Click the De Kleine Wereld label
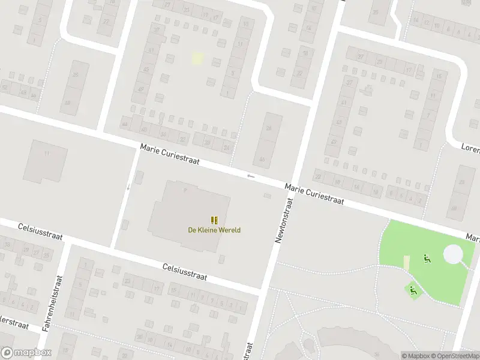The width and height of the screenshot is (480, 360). coord(214,230)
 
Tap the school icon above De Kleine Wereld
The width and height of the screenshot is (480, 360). coord(214,220)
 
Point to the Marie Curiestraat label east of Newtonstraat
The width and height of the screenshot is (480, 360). coord(314,194)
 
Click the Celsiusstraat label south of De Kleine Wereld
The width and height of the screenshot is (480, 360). coord(184,272)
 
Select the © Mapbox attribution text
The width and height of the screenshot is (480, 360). coord(416,356)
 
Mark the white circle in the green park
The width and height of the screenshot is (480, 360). coord(453,254)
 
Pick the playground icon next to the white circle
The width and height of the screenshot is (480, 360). coord(427,259)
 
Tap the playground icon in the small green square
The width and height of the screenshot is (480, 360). coord(413,290)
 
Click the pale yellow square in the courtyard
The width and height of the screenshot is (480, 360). coord(197,58)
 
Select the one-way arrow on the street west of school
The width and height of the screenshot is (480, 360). coord(128,187)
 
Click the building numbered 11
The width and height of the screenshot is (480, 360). coord(45,161)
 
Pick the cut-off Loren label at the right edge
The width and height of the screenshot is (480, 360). coord(469,146)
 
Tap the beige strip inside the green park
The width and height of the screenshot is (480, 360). coord(407,263)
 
